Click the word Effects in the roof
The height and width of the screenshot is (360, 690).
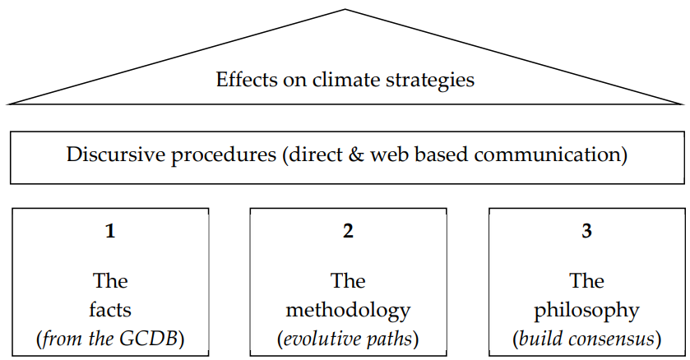(246, 80)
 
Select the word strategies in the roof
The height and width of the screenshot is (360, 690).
(431, 81)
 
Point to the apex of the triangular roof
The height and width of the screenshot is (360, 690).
(345, 9)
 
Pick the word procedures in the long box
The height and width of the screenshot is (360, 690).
(224, 156)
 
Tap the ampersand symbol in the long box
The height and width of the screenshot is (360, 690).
(355, 155)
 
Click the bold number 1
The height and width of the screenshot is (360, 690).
(110, 231)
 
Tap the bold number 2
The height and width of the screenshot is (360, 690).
(348, 231)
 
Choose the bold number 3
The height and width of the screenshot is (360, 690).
(587, 231)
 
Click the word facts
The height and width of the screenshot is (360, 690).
(110, 310)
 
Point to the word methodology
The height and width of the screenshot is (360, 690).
(348, 312)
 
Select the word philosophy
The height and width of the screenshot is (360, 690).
(586, 312)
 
